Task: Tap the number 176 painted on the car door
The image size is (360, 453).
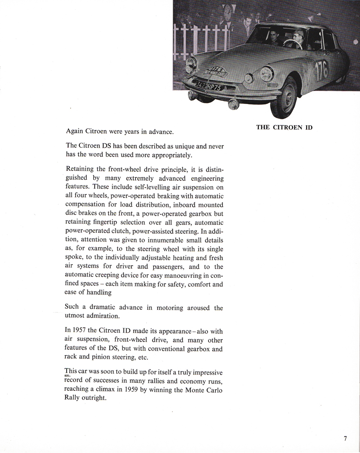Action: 321,70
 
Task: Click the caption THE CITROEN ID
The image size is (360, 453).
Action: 284,127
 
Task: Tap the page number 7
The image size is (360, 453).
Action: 345,438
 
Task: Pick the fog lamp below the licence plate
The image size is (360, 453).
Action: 233,104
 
